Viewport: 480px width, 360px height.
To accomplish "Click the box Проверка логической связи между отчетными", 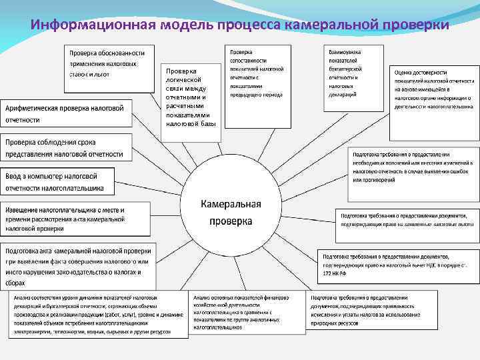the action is pyautogui.click(x=191, y=97).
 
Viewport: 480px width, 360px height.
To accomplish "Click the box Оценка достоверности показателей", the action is pyautogui.click(x=433, y=90).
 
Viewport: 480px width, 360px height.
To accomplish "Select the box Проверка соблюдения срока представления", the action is pyautogui.click(x=67, y=148).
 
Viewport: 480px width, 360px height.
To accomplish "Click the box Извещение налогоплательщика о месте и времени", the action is pyautogui.click(x=77, y=218).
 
